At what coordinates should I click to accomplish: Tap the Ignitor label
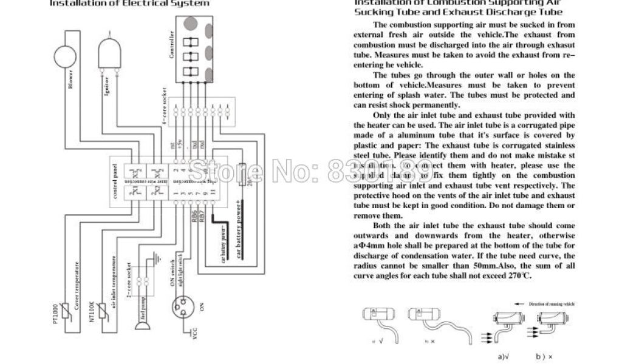(x=106, y=86)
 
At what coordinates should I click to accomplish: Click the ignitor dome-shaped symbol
(x=108, y=50)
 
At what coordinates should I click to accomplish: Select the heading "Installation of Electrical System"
(x=129, y=3)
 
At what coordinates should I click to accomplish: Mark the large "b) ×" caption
(x=544, y=357)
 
